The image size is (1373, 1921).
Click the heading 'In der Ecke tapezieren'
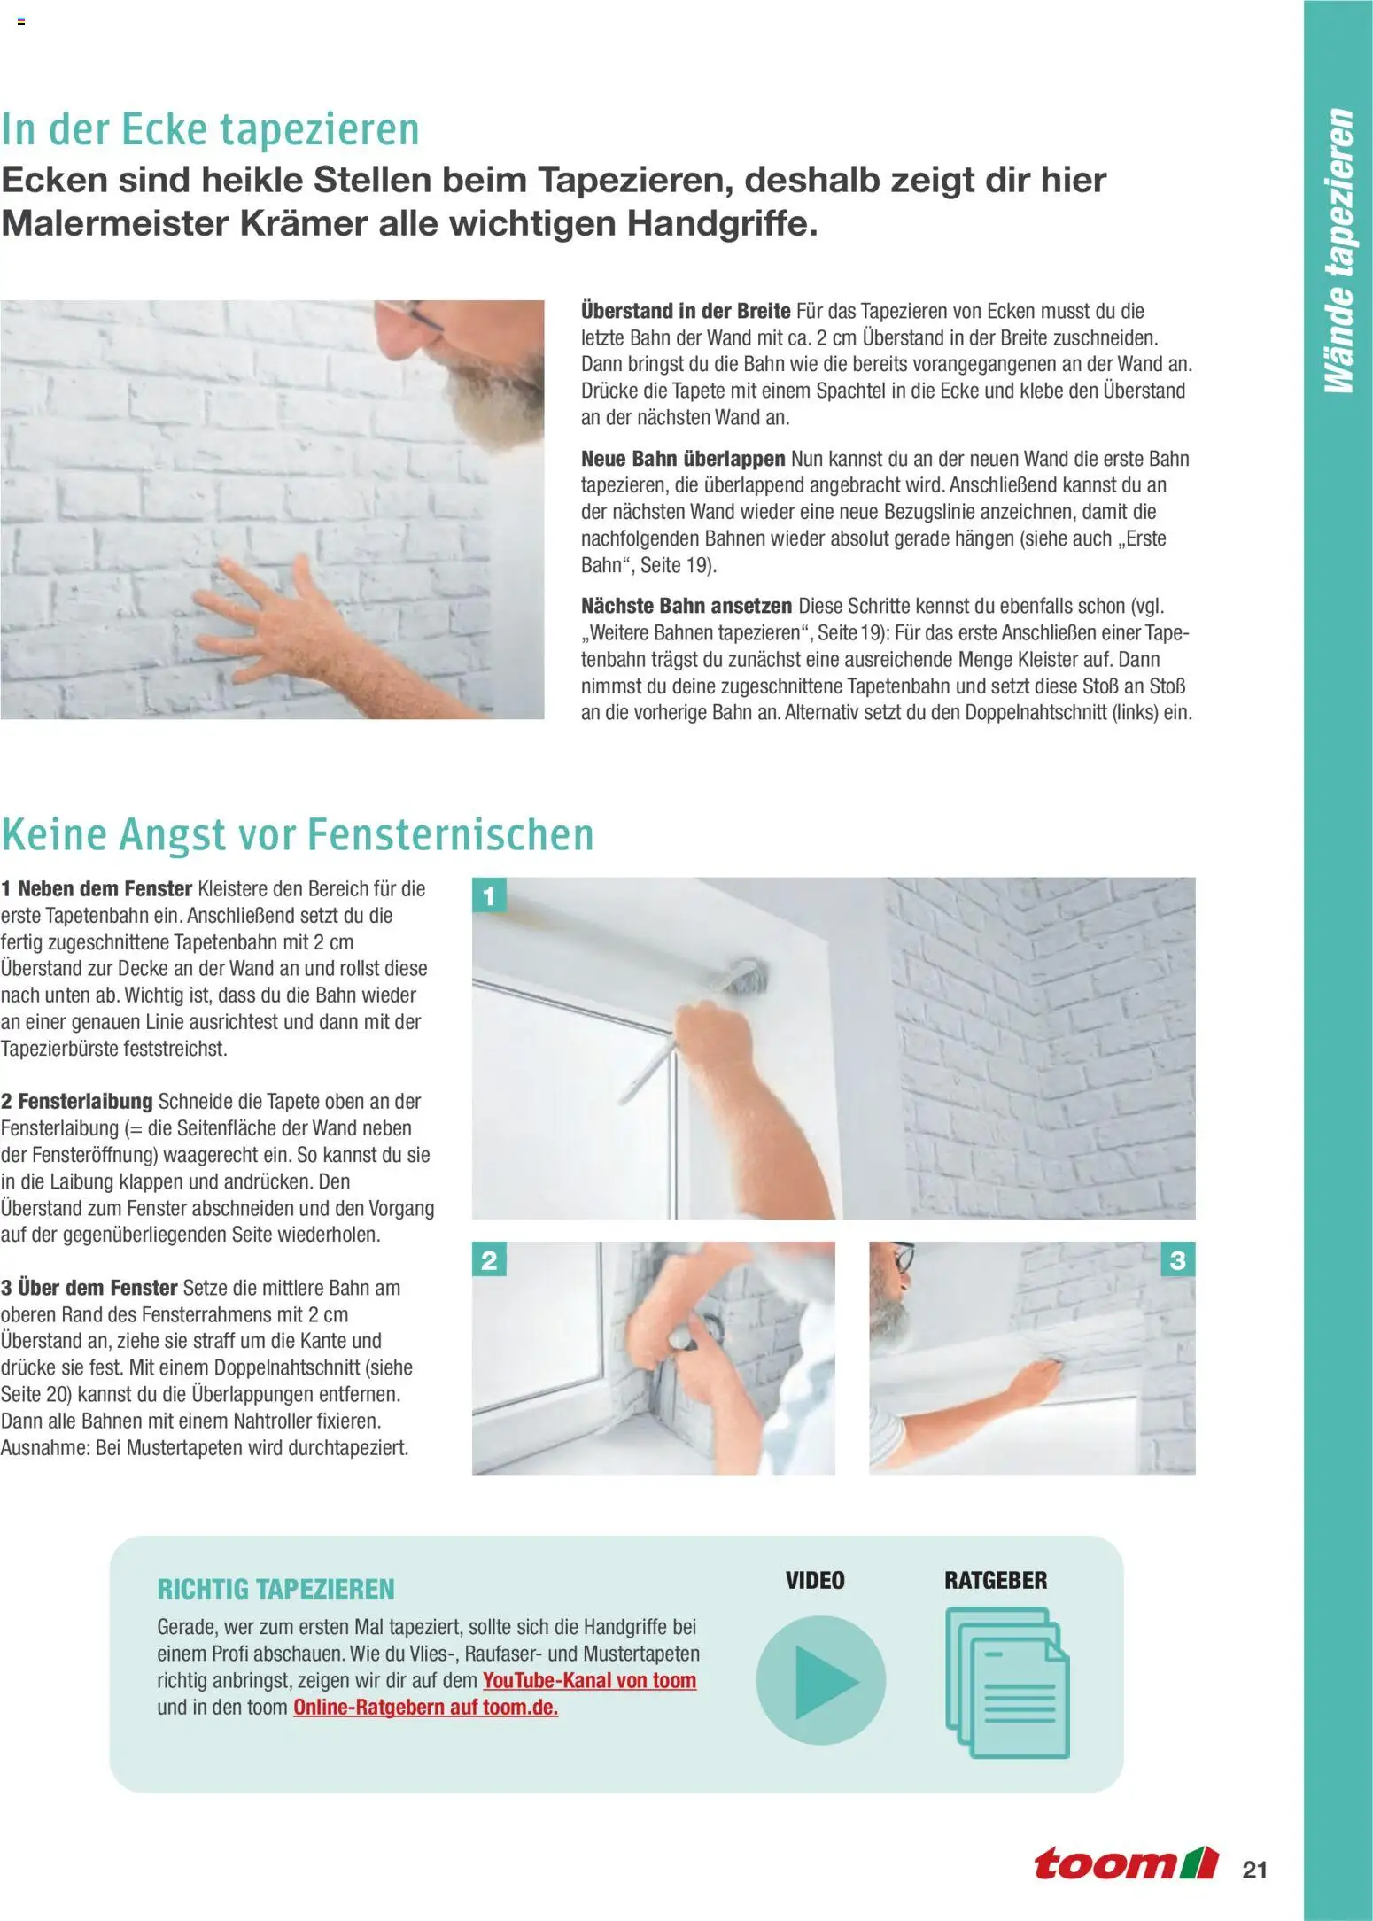pos(210,129)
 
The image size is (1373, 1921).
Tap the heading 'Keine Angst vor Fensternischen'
pos(297,834)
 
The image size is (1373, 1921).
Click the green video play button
pos(820,1680)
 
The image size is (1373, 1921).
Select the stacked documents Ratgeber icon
pos(1006,1682)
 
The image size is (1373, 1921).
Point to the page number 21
pos(1254,1870)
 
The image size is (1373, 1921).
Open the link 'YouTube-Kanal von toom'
pos(589,1680)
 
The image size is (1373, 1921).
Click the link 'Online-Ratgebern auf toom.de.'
pos(425,1707)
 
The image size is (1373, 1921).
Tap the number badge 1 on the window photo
pos(489,896)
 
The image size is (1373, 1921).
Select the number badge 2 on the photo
pos(489,1260)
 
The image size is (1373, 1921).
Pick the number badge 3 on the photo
pos(1177,1260)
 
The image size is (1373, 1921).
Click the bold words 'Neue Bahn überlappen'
pos(682,459)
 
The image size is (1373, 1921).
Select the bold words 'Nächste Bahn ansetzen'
pos(686,606)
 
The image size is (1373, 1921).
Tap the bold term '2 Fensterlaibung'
pos(77,1101)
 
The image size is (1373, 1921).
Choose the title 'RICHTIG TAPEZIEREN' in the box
pos(275,1589)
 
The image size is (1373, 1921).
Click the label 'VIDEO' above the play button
pos(815,1580)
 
